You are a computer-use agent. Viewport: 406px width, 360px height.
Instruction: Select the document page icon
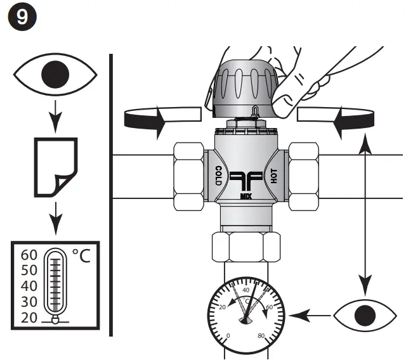point(55,166)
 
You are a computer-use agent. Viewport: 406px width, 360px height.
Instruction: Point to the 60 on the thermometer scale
point(29,255)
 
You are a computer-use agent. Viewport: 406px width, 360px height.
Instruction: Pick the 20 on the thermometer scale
point(29,318)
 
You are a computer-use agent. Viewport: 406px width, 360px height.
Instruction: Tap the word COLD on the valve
point(218,177)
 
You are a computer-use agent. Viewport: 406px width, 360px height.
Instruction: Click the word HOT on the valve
point(275,176)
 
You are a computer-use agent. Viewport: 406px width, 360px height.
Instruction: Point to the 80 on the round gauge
point(261,335)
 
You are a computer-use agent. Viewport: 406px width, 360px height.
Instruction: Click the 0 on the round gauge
point(229,335)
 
